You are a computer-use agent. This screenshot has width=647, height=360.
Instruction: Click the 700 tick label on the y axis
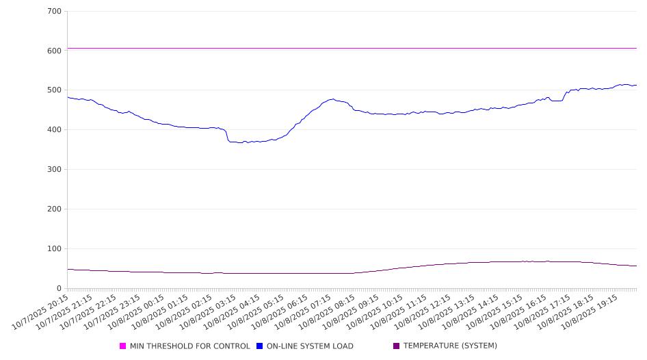(55, 12)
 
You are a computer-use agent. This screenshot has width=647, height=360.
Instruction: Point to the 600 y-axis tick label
(55, 51)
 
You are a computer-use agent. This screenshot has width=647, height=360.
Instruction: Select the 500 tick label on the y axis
(55, 90)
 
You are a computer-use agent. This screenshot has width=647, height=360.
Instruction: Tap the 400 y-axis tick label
(55, 130)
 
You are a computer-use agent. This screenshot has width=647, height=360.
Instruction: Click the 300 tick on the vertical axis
(55, 170)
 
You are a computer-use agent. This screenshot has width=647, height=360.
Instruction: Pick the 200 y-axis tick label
(55, 209)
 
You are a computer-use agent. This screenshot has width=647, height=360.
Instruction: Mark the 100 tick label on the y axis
(55, 249)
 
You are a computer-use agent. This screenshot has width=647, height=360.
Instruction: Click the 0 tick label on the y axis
(60, 289)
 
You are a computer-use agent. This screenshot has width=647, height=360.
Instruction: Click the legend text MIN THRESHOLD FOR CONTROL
(189, 346)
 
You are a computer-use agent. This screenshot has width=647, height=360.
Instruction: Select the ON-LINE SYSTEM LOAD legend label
(310, 346)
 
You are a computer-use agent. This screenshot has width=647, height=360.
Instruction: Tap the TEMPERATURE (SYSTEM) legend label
(450, 346)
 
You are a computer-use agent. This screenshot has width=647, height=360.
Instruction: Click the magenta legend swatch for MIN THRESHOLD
(123, 346)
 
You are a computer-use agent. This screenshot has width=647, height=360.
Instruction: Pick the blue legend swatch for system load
(260, 346)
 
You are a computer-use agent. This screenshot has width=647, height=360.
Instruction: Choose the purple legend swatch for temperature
(397, 346)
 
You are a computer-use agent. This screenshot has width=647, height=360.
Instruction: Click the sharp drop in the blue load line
(227, 136)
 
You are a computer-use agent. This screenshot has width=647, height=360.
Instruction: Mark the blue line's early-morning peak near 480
(332, 99)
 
